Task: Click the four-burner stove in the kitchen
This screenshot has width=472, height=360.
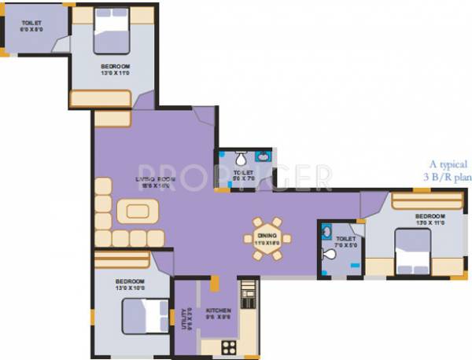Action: pyautogui.click(x=229, y=346)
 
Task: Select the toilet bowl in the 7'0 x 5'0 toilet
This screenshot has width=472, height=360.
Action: pyautogui.click(x=328, y=254)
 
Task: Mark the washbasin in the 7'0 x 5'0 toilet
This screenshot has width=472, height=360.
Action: pyautogui.click(x=326, y=231)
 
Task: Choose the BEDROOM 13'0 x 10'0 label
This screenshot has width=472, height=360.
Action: pyautogui.click(x=129, y=284)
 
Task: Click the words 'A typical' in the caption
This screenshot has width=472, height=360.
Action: pyautogui.click(x=448, y=165)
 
